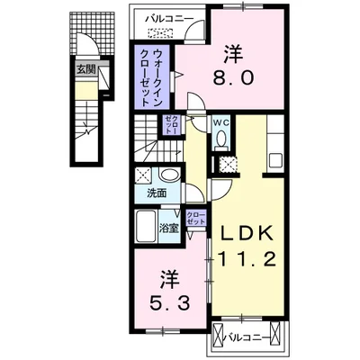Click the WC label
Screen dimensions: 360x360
pos(220,123)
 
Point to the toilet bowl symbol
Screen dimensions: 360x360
pos(220,139)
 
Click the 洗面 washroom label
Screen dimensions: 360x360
pos(157,193)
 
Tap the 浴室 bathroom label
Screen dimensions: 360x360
pos(168,228)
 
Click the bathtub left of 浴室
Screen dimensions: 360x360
pos(144,227)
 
